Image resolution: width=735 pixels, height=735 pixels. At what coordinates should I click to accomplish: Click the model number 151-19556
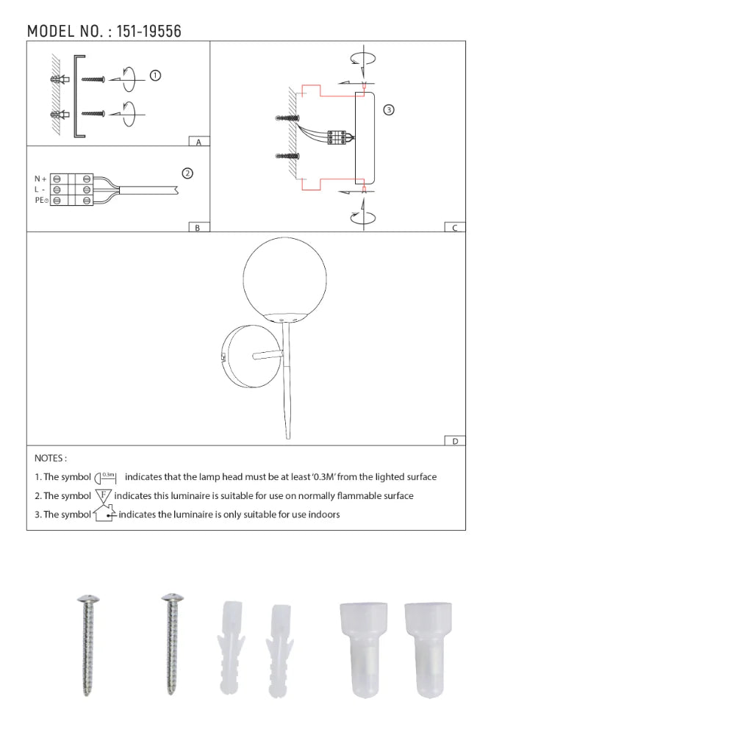[149, 31]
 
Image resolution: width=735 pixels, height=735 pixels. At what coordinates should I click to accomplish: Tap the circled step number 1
[155, 75]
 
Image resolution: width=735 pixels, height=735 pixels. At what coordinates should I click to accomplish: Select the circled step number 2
[187, 173]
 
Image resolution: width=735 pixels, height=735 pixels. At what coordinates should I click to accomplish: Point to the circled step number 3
[389, 110]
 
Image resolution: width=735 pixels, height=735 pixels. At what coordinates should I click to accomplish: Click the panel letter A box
[198, 142]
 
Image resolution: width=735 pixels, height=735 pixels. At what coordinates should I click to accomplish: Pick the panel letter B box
[198, 228]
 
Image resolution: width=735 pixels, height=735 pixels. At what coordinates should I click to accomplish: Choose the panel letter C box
[455, 228]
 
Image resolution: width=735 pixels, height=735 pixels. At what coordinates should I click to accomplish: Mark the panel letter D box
[455, 441]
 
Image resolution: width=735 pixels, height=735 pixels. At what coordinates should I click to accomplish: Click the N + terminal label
[40, 179]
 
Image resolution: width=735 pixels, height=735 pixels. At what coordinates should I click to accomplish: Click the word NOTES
[51, 458]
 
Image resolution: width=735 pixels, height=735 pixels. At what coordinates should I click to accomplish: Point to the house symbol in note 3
[104, 514]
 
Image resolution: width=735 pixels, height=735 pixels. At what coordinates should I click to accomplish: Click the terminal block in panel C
[337, 138]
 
